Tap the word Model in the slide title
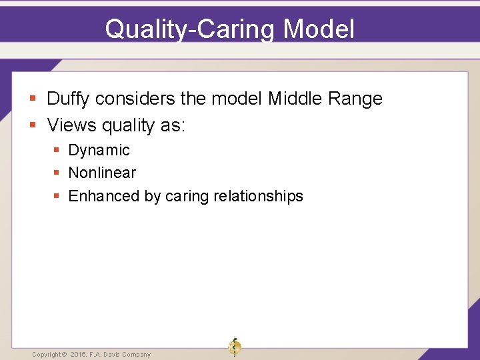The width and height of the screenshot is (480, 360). pyautogui.click(x=319, y=29)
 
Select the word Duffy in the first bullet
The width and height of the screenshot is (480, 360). pyautogui.click(x=69, y=99)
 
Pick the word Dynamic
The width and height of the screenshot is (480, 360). pyautogui.click(x=99, y=151)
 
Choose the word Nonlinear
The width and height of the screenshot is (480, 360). pyautogui.click(x=102, y=173)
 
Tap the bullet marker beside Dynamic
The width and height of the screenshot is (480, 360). pyautogui.click(x=57, y=151)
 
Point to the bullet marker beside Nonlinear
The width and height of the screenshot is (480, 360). pyautogui.click(x=57, y=173)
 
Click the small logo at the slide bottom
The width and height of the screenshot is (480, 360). pyautogui.click(x=234, y=346)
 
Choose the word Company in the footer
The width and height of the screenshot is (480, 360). pyautogui.click(x=136, y=355)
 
